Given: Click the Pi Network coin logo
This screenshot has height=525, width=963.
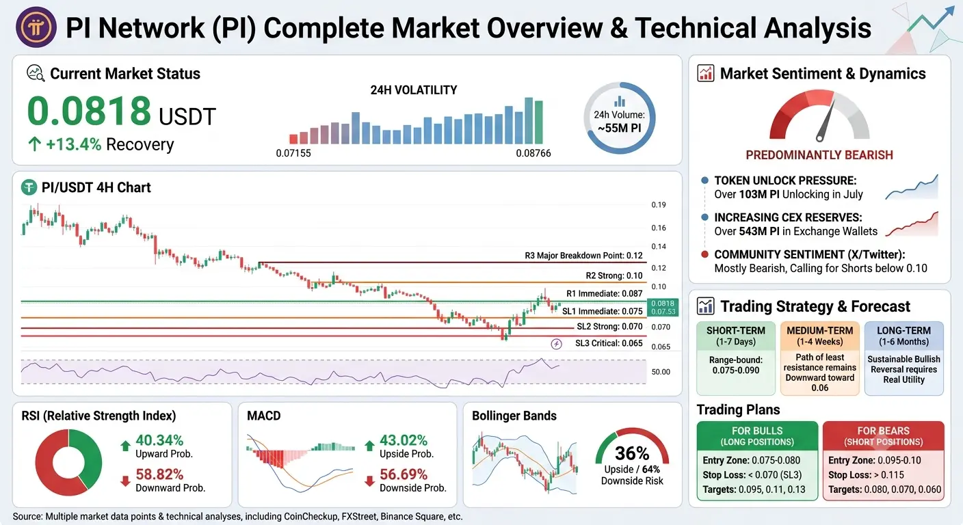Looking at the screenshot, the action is click(x=36, y=27).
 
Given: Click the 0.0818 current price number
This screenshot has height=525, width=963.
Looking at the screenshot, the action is click(x=89, y=111).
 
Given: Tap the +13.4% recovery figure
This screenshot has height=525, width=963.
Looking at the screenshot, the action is click(x=73, y=144).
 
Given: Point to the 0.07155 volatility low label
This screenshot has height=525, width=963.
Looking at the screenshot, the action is click(x=293, y=153).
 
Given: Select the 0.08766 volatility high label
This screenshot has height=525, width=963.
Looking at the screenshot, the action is click(x=533, y=153).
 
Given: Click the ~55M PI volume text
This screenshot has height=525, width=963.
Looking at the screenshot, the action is click(x=619, y=128).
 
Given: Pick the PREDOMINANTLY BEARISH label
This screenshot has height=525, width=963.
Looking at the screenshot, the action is click(x=819, y=155).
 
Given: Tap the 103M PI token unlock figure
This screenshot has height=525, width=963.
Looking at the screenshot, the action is click(x=759, y=195).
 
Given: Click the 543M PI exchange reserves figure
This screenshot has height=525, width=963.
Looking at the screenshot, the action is click(x=759, y=232).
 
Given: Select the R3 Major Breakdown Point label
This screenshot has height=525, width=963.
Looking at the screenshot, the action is click(x=583, y=256).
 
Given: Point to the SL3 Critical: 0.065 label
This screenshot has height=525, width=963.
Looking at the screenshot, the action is click(x=609, y=343).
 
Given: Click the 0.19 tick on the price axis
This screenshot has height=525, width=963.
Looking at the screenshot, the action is click(x=658, y=205).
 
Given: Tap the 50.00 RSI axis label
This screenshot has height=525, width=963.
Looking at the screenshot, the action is click(x=661, y=372).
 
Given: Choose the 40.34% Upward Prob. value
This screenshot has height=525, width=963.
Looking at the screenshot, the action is click(x=159, y=440).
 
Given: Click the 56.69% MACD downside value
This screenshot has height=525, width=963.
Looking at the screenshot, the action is click(x=404, y=474).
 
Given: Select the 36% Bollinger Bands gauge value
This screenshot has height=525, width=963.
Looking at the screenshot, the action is click(x=631, y=453).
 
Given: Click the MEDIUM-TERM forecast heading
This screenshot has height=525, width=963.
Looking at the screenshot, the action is click(x=819, y=331).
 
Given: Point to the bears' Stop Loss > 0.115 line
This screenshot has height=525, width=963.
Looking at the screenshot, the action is click(x=866, y=475).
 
